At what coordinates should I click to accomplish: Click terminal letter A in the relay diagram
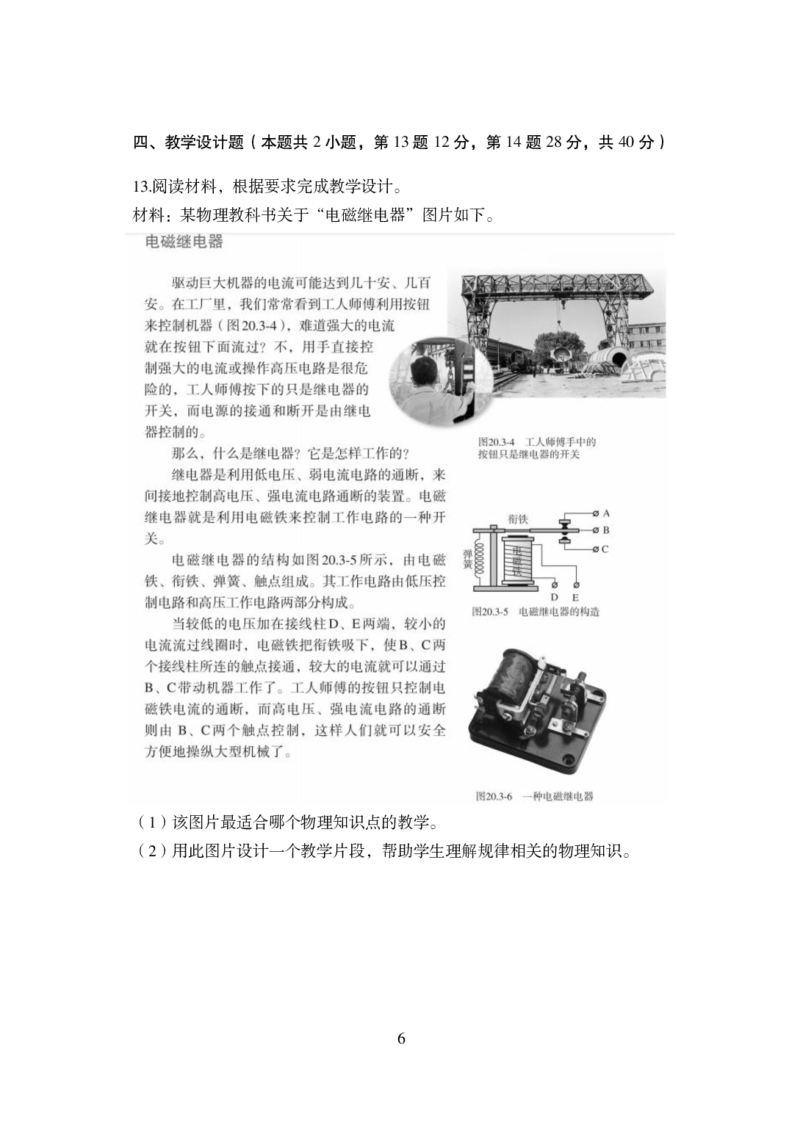[606, 513]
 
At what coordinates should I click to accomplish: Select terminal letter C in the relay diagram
[605, 549]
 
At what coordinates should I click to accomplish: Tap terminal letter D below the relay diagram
[555, 598]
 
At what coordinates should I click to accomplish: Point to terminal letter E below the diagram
[575, 598]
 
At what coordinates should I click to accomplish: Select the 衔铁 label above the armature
[518, 519]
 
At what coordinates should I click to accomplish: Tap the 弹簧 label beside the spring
[467, 558]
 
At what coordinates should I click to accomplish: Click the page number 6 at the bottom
[401, 1038]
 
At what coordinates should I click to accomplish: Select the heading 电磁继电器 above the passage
[184, 241]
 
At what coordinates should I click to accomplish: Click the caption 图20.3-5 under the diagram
[491, 611]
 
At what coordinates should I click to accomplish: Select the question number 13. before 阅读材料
[141, 187]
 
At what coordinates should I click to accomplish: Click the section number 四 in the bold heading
[140, 142]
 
